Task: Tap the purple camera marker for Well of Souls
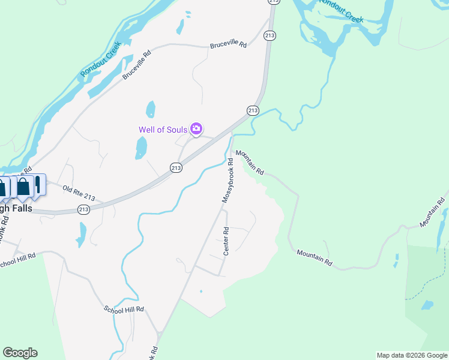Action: point(196,128)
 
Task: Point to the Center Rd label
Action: point(226,241)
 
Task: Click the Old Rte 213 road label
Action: point(79,193)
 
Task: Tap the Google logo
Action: point(20,353)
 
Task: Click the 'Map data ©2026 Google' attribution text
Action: point(412,355)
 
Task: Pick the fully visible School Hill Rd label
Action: point(124,309)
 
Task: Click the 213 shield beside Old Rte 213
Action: point(83,209)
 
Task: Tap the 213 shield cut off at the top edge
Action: point(273,2)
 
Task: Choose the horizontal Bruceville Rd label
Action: point(228,45)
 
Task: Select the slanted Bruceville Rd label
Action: point(137,65)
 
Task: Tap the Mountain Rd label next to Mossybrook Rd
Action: point(250,162)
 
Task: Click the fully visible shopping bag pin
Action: point(23,187)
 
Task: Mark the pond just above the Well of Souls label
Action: point(151,109)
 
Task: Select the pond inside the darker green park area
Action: point(427,305)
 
